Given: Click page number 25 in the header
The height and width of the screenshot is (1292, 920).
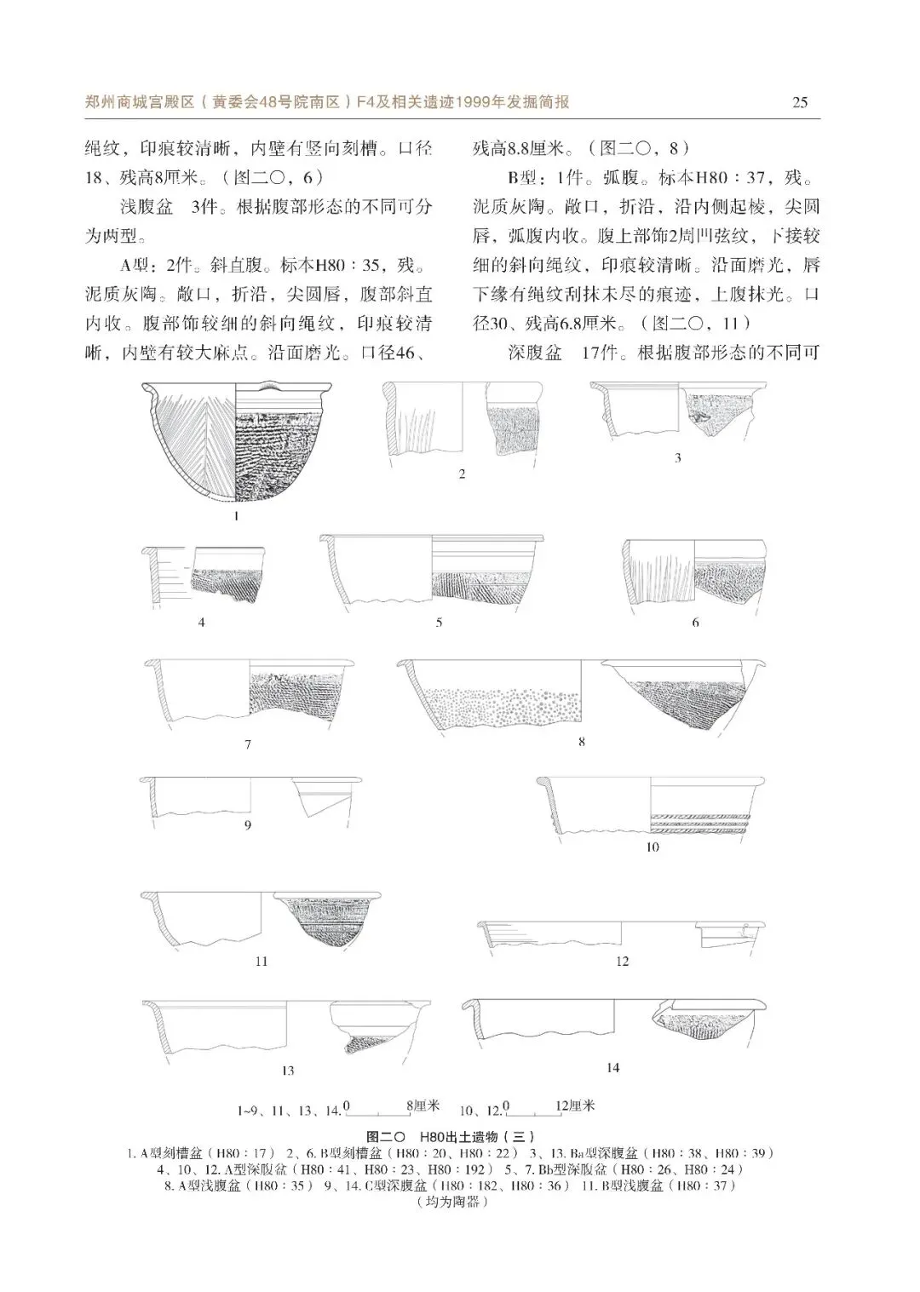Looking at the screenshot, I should coord(800,103).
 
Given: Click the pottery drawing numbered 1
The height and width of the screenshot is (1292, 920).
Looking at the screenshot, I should coord(236,443).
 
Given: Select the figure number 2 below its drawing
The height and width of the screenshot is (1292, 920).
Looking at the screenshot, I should coord(462,474).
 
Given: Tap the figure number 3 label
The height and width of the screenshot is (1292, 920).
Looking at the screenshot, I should coord(678,458).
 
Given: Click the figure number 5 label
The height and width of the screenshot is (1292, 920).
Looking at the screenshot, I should coord(440,623).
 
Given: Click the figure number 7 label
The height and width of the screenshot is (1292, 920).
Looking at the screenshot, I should coord(248,744).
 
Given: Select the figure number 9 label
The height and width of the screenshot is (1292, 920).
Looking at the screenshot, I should coord(248,825).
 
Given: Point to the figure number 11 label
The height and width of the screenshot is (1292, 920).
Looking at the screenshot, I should coord(262,962).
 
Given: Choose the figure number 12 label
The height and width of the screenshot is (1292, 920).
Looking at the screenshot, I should coord(623,962).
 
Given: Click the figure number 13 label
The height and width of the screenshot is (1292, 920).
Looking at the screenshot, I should coord(288,1071).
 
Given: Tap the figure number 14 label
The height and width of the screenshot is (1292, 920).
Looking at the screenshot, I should coord(612,1068).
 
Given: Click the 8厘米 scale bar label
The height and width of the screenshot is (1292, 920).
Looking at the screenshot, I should coord(423,1106).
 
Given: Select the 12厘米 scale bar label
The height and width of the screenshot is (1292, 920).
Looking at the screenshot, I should coord(575,1106).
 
